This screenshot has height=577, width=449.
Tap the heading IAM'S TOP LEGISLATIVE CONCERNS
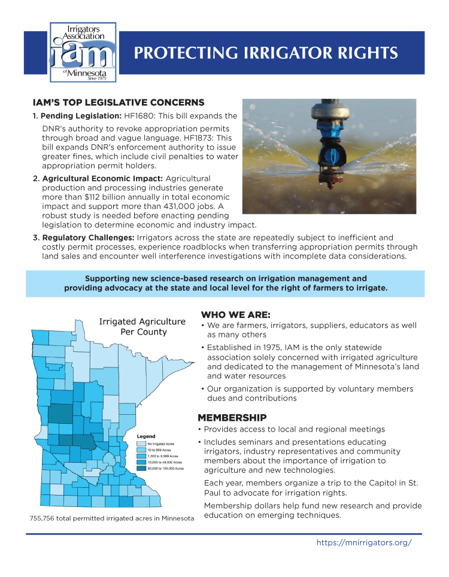tap(119, 102)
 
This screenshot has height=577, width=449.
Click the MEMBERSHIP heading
tap(232, 417)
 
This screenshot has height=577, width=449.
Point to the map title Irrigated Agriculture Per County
tap(142, 327)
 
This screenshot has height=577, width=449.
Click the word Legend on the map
tap(146, 436)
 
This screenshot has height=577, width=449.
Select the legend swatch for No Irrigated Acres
tap(141, 444)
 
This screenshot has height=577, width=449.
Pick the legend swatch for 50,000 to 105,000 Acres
tap(141, 469)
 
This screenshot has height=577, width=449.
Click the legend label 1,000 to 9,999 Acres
tap(162, 457)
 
